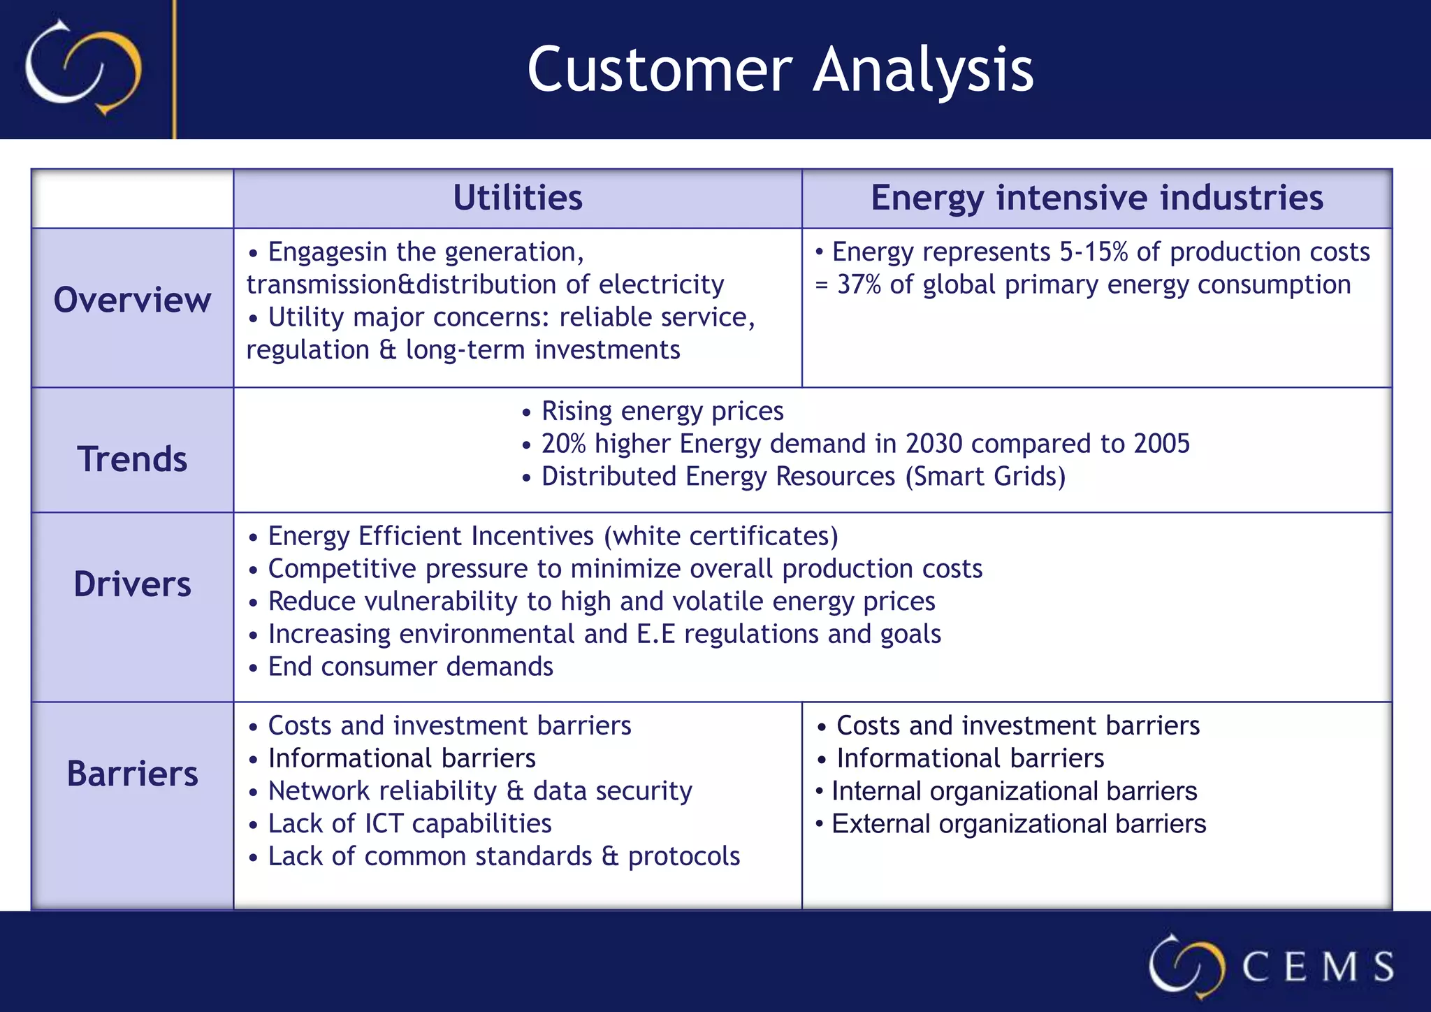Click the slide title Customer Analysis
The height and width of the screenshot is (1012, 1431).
tap(780, 69)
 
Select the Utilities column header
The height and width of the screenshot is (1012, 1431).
tap(517, 198)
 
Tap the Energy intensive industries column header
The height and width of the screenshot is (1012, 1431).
tap(1096, 198)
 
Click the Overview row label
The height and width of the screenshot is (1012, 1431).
tap(132, 301)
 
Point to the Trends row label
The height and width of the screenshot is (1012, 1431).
tap(132, 459)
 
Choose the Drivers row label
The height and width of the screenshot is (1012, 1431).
tap(132, 584)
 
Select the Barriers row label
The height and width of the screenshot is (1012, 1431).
tap(132, 774)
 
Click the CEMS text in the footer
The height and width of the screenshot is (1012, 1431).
tap(1317, 967)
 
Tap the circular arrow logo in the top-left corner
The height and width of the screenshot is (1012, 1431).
tap(83, 68)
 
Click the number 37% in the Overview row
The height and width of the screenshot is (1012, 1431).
tap(859, 285)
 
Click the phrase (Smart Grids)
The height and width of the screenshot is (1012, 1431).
tap(985, 477)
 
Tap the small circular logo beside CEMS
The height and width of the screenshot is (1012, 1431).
tap(1186, 966)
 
